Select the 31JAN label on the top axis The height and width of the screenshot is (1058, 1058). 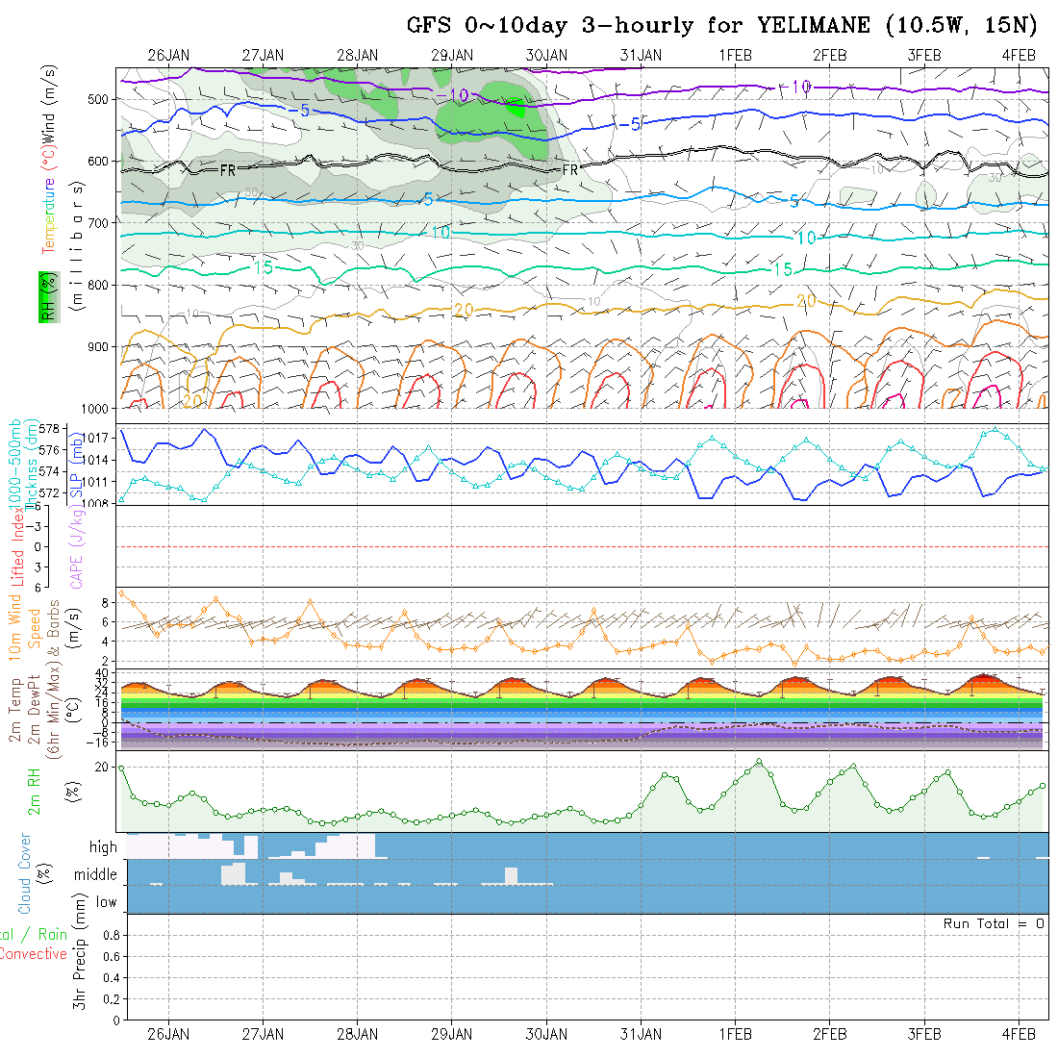641,55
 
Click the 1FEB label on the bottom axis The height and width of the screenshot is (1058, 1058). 735,1034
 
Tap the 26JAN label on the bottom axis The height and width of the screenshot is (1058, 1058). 168,1034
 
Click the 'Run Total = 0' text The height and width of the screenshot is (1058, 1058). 994,923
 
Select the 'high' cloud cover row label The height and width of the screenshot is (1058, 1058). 103,847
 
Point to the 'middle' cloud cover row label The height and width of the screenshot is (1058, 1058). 95,874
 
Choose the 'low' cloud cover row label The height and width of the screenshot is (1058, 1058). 106,902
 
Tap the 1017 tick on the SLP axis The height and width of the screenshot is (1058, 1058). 100,438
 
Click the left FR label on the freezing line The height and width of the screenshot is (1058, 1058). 228,169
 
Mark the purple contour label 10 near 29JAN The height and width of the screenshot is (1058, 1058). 459,94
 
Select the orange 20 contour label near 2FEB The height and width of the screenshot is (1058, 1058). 806,301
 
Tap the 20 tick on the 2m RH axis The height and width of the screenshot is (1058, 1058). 101,767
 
